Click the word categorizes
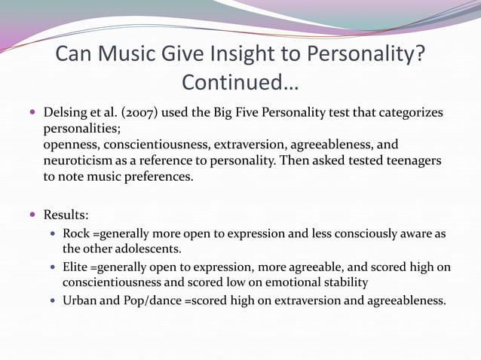(x=410, y=113)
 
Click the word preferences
(x=159, y=177)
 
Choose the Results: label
(x=67, y=214)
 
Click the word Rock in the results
(x=77, y=233)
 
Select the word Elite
(x=77, y=267)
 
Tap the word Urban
(x=82, y=300)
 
